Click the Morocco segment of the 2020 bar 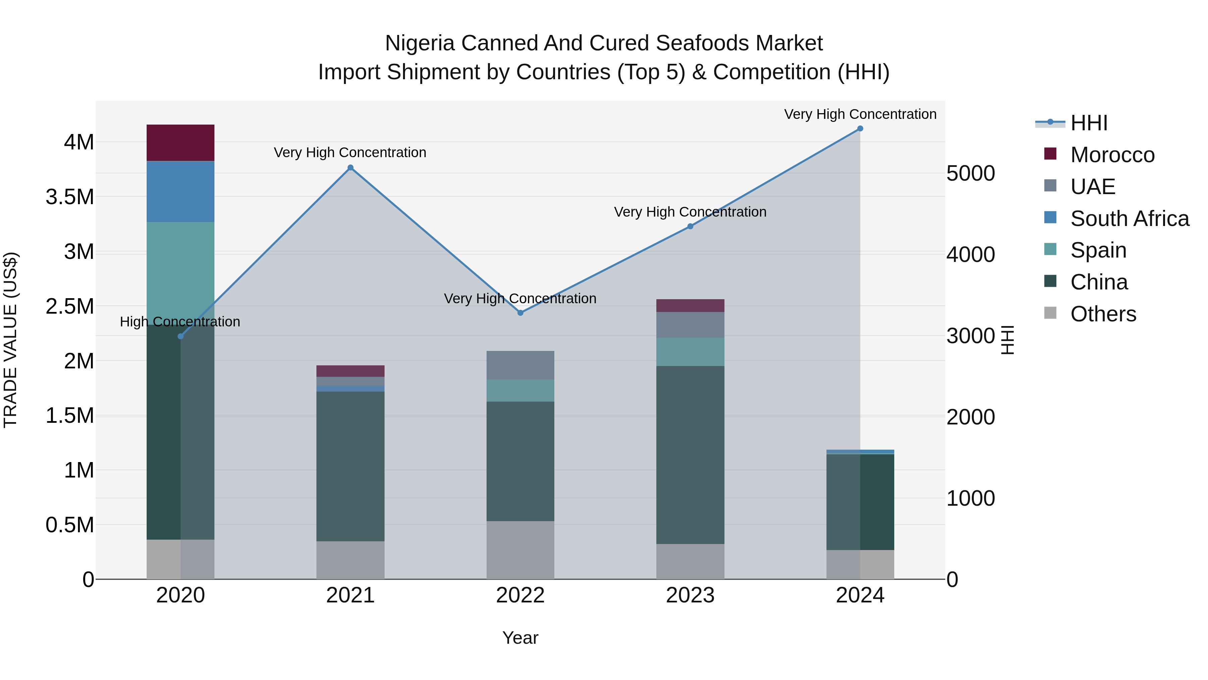[181, 143]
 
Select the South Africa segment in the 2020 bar [181, 191]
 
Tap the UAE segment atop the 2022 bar [520, 365]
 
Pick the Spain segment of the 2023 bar [690, 352]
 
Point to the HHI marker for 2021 [350, 168]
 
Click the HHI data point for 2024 [860, 129]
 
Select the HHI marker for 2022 [520, 313]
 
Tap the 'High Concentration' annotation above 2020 [180, 322]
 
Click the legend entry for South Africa [1129, 219]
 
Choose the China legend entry [1099, 282]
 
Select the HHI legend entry [1089, 123]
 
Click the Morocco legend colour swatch [1050, 154]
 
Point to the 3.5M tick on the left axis [70, 197]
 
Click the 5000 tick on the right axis [970, 173]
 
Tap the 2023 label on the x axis [690, 595]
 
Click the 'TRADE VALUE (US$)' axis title [10, 340]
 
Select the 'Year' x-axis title [520, 638]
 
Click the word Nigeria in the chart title [420, 43]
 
